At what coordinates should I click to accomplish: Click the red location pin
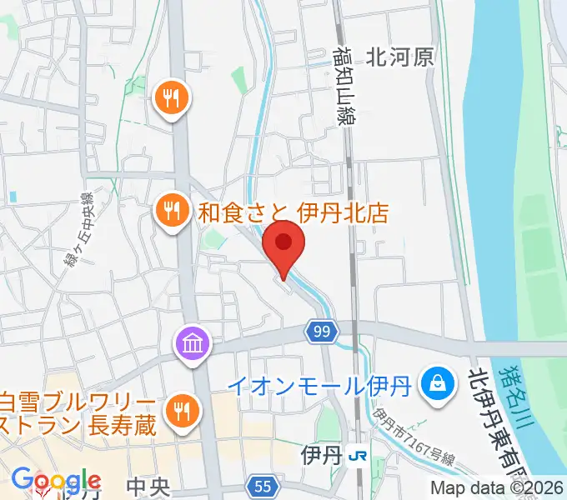pos(283,245)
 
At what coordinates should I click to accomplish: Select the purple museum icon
pos(191,342)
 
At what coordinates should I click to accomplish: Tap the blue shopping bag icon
pos(436,383)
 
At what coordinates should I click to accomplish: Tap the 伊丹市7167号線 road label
pos(414,438)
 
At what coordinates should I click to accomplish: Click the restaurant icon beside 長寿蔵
pos(179,409)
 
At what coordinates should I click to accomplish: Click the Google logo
pos(55,482)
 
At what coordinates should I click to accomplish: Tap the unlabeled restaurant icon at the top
pos(172,99)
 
